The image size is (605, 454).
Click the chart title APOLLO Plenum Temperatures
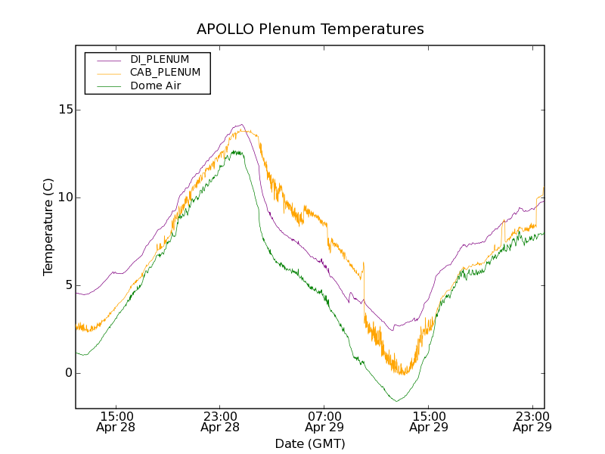(x=310, y=30)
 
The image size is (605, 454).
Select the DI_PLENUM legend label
(x=160, y=59)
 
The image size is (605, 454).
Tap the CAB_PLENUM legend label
(x=165, y=73)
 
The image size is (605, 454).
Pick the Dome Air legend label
(x=156, y=86)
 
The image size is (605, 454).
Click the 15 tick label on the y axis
(x=64, y=110)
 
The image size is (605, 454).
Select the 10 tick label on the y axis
(x=64, y=197)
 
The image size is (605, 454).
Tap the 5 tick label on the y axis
(x=67, y=285)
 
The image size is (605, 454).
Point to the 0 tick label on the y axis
(x=67, y=373)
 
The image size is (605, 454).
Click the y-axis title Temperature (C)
(x=48, y=227)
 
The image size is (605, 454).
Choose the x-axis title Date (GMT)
(x=310, y=443)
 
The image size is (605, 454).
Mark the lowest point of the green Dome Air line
(x=396, y=401)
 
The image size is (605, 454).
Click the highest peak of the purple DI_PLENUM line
(x=240, y=125)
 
